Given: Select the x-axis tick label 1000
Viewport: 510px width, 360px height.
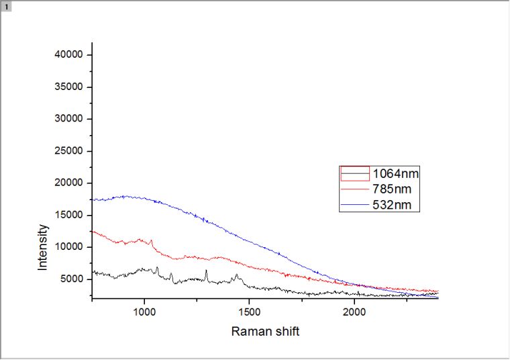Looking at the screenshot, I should click(144, 311).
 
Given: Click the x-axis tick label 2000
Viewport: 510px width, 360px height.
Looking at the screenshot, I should click(354, 311).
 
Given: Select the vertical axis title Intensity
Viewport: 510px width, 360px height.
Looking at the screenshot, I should click(43, 247).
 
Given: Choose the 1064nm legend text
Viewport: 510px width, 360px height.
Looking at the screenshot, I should click(396, 174).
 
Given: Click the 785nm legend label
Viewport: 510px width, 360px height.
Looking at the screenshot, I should click(393, 189).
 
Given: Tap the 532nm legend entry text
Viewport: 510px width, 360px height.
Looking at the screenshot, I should click(393, 205).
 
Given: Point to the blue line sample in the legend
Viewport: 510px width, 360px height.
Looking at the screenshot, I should click(355, 205).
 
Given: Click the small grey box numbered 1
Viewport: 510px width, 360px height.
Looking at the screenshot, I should click(6, 6).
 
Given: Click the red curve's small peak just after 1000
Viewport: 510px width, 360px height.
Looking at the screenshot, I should click(152, 240).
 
